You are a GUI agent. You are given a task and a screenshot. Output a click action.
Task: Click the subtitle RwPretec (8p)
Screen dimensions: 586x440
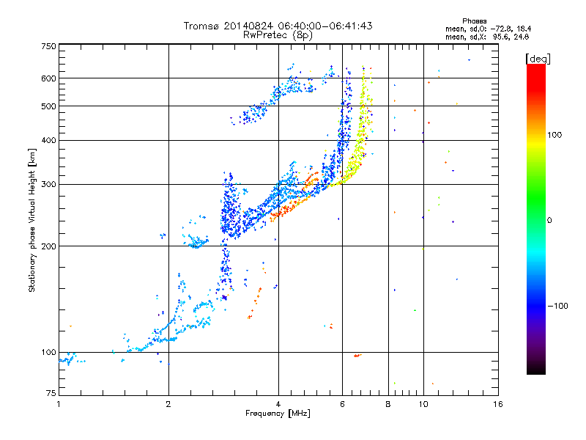(278, 35)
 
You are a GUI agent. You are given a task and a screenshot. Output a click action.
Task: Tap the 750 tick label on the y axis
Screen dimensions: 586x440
(48, 46)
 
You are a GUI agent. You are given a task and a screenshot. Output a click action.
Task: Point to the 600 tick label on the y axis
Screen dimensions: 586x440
(48, 78)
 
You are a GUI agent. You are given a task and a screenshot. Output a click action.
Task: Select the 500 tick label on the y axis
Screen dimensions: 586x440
(48, 106)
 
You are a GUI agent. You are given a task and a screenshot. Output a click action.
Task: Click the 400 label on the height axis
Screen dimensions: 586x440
(48, 140)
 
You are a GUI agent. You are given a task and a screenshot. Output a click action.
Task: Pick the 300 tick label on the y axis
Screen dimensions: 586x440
(48, 184)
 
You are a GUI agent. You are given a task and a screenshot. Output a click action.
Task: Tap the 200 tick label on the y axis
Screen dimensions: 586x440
(48, 246)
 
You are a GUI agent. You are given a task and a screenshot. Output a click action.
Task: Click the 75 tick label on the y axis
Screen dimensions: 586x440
(51, 393)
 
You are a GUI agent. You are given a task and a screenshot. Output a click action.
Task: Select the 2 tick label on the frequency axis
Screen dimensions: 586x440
(168, 404)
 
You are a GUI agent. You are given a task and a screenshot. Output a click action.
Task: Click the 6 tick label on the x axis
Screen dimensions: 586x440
(342, 404)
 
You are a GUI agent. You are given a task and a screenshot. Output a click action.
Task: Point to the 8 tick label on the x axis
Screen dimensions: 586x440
(388, 404)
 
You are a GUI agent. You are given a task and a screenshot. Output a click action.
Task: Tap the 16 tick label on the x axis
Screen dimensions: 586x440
(498, 404)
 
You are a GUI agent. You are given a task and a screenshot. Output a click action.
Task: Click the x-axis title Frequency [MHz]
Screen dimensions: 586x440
(278, 414)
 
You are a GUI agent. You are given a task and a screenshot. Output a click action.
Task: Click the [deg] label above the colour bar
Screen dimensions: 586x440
(538, 59)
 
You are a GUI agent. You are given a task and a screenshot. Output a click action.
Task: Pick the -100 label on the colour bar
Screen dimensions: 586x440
(557, 306)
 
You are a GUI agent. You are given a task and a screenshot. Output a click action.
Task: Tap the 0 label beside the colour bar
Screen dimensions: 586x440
(549, 220)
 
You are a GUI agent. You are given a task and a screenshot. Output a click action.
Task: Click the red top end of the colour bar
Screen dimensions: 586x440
(536, 67)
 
